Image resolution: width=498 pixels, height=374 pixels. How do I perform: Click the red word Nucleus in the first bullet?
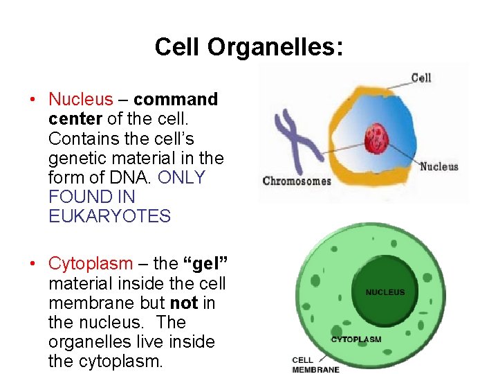click(80, 100)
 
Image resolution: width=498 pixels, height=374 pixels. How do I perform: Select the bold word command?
click(176, 100)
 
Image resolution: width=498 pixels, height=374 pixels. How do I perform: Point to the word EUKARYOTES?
click(109, 216)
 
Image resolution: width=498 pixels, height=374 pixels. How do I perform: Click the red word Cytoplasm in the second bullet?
click(90, 264)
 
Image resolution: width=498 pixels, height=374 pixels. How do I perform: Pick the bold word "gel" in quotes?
click(205, 264)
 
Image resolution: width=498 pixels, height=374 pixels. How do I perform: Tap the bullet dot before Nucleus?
click(33, 100)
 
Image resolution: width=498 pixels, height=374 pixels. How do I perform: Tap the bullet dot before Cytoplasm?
click(33, 265)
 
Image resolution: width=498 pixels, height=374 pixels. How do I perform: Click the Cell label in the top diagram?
click(421, 78)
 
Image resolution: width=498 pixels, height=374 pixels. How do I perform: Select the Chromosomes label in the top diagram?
click(297, 181)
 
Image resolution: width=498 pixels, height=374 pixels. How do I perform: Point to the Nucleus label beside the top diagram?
click(439, 166)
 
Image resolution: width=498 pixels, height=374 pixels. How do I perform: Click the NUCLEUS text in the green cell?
click(385, 292)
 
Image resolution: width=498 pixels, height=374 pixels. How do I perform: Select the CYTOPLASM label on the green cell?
click(356, 339)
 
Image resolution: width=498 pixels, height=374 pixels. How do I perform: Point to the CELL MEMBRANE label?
click(316, 365)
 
